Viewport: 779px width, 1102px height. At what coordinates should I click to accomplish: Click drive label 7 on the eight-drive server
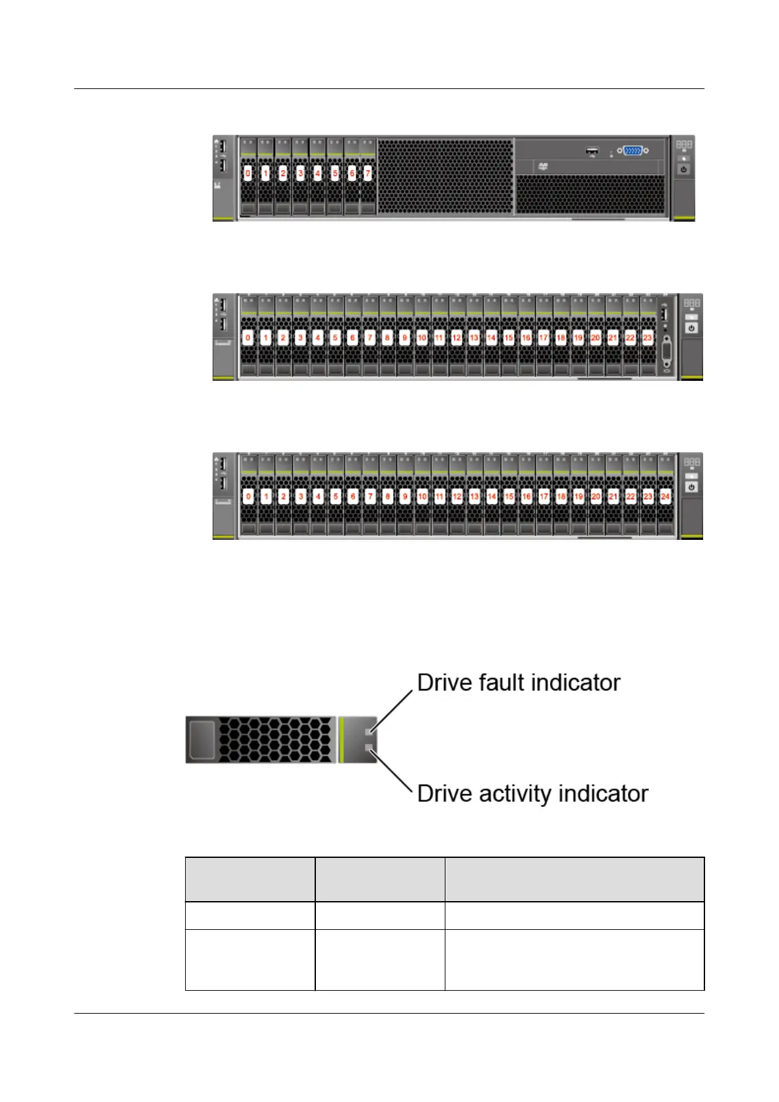[368, 173]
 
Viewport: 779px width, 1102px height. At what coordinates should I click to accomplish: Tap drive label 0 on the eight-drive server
[248, 173]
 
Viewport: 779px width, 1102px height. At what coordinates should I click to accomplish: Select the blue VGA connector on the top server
[632, 151]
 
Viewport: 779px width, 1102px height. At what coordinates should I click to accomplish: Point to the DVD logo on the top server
[543, 167]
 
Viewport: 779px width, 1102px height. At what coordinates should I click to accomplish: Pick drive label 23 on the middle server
[648, 338]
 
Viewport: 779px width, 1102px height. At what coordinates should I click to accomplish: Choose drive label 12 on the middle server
[457, 338]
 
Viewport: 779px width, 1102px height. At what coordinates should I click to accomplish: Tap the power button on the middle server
[692, 328]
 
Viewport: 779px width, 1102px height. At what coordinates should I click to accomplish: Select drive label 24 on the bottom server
[665, 497]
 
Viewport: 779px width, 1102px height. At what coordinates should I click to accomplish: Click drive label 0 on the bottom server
[248, 497]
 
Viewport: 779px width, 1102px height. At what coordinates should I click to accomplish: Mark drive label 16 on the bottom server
[527, 497]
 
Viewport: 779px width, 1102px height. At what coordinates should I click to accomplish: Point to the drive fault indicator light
[369, 730]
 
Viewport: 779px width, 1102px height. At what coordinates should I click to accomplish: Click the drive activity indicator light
[369, 747]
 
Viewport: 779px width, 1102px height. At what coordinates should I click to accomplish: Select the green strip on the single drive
[341, 739]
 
